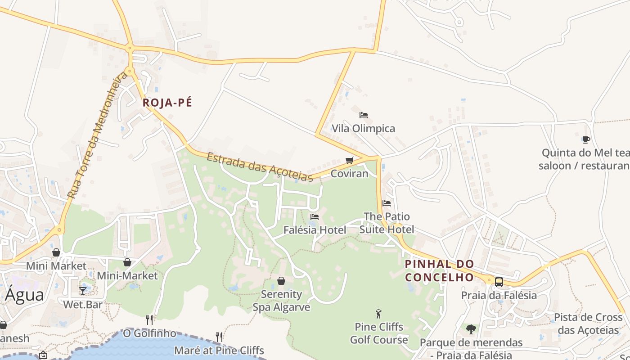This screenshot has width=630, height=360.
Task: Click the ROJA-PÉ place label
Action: coord(167,103)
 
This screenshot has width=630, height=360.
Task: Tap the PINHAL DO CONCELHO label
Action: coord(440,270)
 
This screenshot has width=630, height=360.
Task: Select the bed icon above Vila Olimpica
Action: coord(364,115)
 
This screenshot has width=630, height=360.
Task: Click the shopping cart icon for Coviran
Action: coord(350,160)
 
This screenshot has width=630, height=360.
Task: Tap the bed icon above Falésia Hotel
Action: coord(315,217)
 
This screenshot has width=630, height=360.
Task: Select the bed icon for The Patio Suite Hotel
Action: coord(386,203)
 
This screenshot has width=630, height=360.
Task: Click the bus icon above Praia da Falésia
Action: coord(499,282)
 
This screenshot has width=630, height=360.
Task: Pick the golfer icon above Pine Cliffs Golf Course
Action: coord(378,314)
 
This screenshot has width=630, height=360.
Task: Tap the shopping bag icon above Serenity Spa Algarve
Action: coord(281,281)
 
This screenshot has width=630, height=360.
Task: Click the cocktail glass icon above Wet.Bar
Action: coord(83,291)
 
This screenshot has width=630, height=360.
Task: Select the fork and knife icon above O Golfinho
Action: coord(149,320)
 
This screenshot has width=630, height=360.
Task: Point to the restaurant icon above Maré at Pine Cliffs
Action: coord(219,337)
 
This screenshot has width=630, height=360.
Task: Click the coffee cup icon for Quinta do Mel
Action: coord(586,139)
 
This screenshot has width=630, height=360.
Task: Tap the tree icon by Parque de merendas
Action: coord(471,329)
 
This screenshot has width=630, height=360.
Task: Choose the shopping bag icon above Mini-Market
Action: coord(127,262)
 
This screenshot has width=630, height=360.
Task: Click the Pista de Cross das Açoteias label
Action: coord(588,324)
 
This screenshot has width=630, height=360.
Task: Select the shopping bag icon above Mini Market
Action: coord(56,252)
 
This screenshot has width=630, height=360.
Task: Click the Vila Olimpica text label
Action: coord(363,129)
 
